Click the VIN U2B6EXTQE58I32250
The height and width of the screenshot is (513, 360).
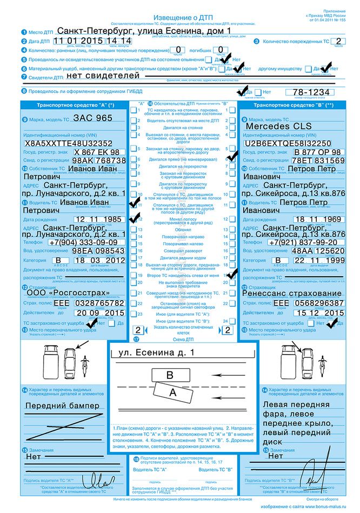click(287, 143)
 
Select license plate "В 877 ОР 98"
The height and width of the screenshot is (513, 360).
click(310, 152)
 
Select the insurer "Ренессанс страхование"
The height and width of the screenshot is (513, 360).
click(294, 294)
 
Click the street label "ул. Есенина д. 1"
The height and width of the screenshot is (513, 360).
click(152, 353)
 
